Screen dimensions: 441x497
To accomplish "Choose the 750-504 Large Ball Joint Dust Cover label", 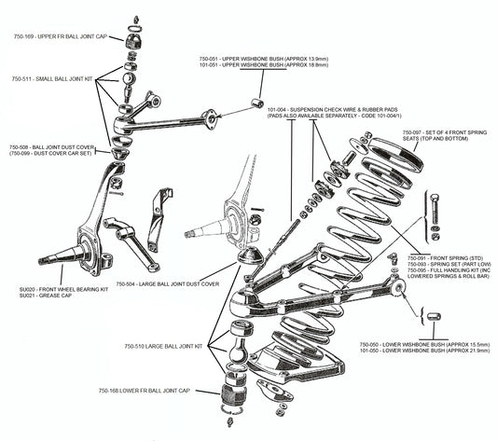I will tap(167, 283).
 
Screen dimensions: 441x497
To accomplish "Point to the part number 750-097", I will tap(415, 133).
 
